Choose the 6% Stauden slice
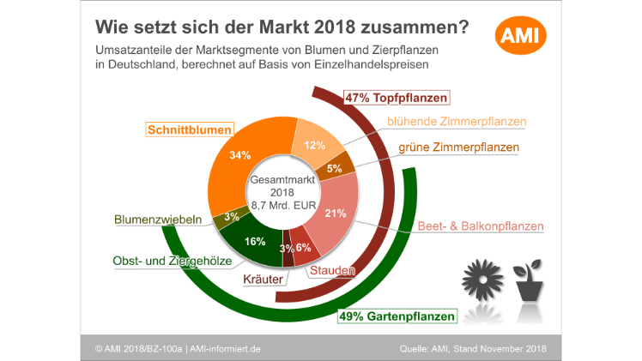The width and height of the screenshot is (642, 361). pyautogui.click(x=302, y=248)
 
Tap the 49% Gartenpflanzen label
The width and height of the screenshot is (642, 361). pyautogui.click(x=397, y=316)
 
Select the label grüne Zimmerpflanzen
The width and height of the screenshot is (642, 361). pyautogui.click(x=459, y=147)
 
